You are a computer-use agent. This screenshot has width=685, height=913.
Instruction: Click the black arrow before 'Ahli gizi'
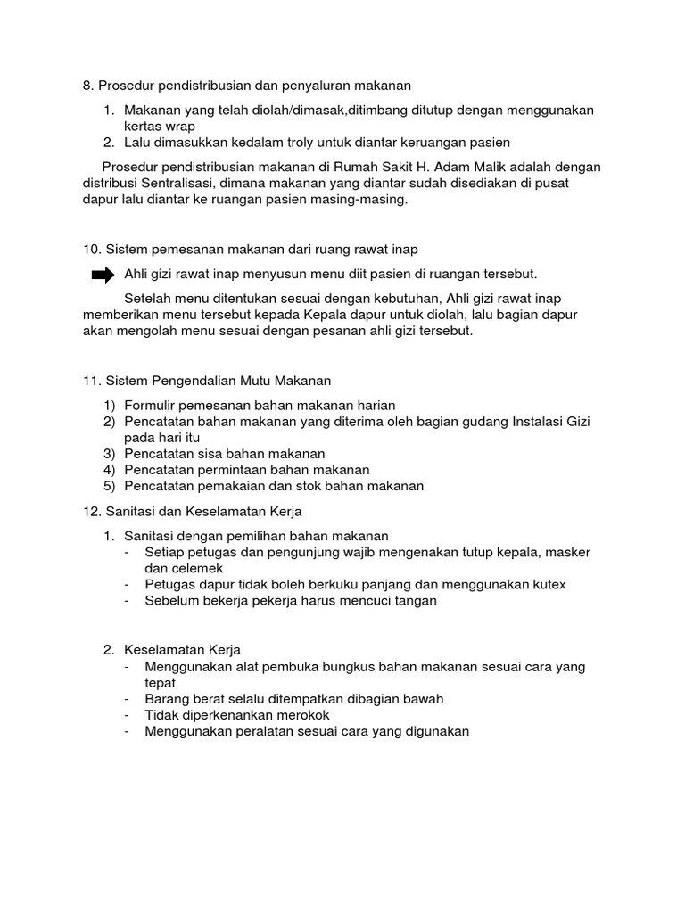pyautogui.click(x=103, y=274)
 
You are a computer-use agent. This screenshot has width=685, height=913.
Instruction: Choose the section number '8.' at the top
pyautogui.click(x=87, y=86)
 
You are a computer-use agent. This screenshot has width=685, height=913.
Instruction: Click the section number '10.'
pyautogui.click(x=92, y=250)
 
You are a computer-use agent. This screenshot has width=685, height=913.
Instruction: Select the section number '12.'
pyautogui.click(x=92, y=511)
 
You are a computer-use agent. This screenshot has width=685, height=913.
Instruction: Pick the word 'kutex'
pyautogui.click(x=547, y=584)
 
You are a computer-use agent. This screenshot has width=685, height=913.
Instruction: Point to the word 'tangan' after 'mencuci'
pyautogui.click(x=414, y=600)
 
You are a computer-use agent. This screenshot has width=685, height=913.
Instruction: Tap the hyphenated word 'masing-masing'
pyautogui.click(x=364, y=200)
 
